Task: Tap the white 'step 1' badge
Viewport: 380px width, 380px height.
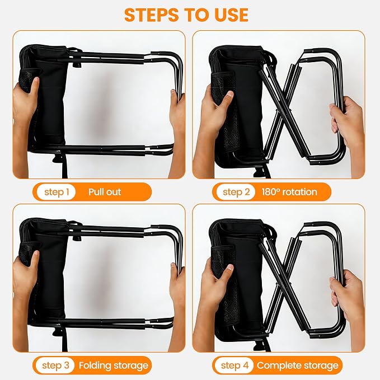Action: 56,192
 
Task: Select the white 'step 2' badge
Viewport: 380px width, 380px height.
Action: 236,192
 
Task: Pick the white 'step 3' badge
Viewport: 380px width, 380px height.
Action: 55,365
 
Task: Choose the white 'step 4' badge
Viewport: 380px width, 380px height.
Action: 235,365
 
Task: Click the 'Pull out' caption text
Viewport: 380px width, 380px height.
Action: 105,192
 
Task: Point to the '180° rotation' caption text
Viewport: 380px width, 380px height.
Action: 289,192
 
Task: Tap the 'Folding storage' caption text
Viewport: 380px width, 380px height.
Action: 114,365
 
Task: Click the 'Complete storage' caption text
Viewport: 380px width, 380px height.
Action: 297,365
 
